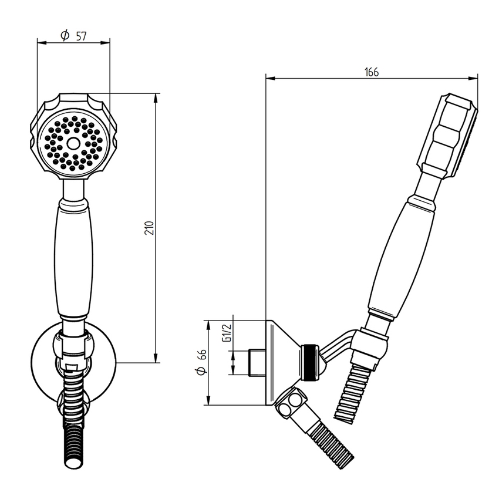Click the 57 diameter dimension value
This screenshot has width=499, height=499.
coord(81,36)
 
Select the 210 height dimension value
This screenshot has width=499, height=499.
coord(149,228)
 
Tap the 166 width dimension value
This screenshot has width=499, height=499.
coord(371,72)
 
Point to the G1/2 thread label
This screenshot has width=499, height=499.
coord(225,333)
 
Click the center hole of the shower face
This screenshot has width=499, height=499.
coord(73,143)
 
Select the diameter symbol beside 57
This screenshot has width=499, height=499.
coord(65,36)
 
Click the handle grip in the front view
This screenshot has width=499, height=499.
coord(74,258)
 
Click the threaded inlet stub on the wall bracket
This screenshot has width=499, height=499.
coord(256,363)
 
